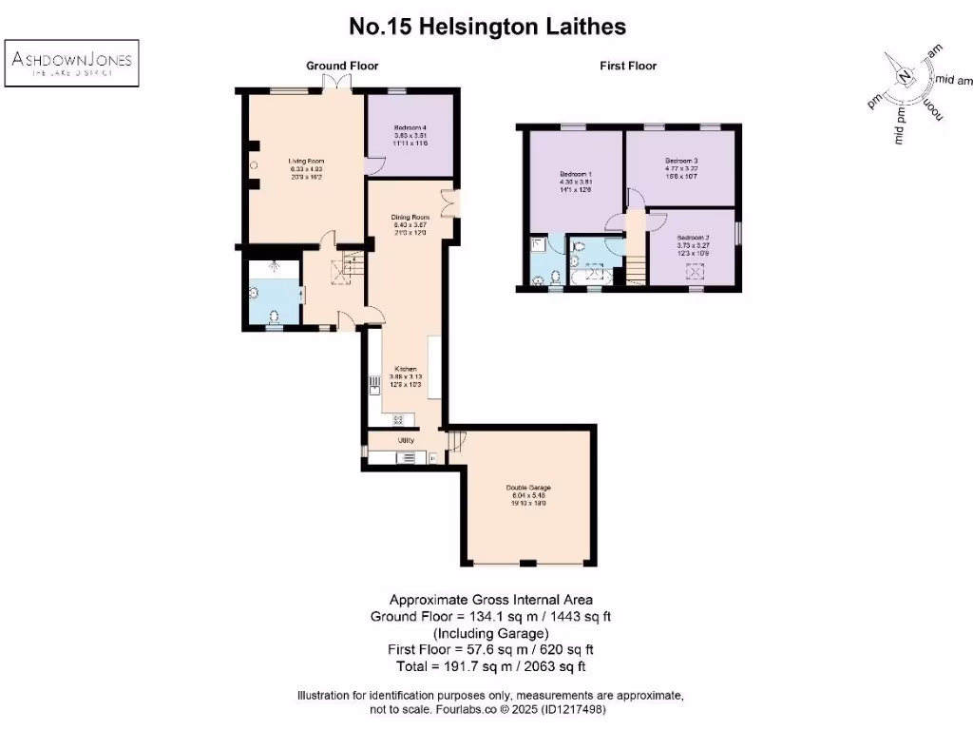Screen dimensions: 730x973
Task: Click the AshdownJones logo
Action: click(72, 63)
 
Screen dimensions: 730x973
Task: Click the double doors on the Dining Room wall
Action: click(449, 202)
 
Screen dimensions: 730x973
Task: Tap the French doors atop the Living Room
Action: click(336, 84)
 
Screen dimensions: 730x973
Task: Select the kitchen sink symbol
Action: click(375, 386)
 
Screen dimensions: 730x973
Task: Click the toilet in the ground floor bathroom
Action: click(274, 316)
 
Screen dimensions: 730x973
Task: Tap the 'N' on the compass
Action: click(906, 77)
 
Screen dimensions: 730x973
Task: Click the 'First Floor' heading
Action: click(628, 66)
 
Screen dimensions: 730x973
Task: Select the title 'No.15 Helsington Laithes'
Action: click(487, 27)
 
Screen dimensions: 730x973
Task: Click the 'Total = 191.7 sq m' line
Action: click(486, 666)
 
